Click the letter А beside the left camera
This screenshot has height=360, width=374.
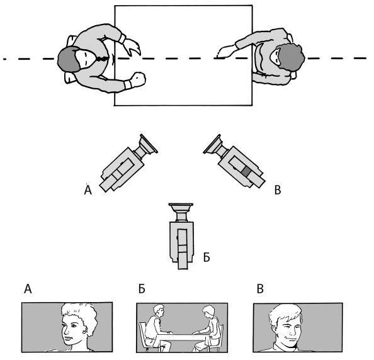(x=88, y=190)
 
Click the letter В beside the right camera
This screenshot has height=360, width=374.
(x=278, y=190)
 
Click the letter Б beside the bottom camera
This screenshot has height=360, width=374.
(x=207, y=257)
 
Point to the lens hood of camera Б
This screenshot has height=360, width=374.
(x=181, y=208)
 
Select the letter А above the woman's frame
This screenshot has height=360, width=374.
(x=28, y=289)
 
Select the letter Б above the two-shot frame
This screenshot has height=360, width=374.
(x=142, y=289)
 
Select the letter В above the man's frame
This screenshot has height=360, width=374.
(x=260, y=289)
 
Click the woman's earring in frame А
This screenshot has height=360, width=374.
(x=84, y=331)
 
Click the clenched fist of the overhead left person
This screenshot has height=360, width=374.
(x=138, y=79)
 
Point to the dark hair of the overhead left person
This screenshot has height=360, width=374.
(x=67, y=59)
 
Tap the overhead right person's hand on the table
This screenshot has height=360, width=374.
(x=225, y=52)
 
